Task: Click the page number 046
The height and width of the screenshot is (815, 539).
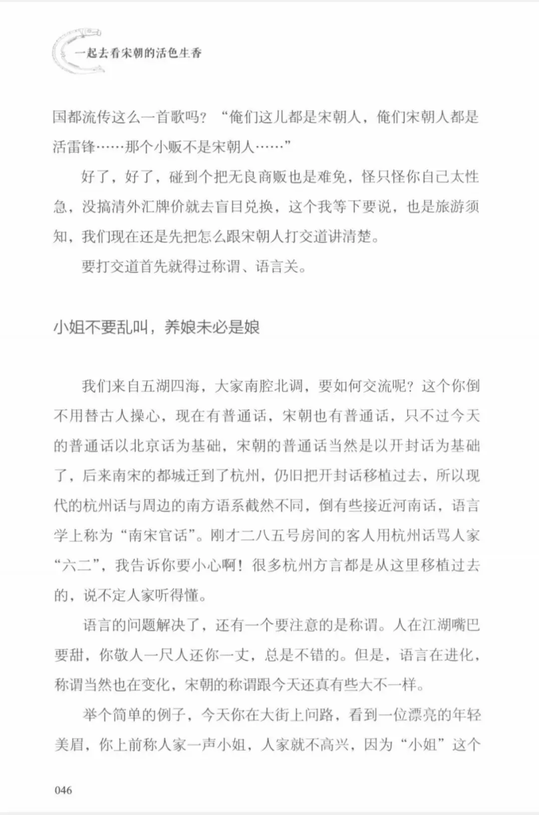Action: (63, 790)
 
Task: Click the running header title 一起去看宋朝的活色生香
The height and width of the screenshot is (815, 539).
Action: (138, 53)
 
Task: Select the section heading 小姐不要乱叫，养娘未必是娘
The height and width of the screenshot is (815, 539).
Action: (156, 327)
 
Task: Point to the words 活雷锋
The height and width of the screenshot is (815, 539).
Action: (74, 147)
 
